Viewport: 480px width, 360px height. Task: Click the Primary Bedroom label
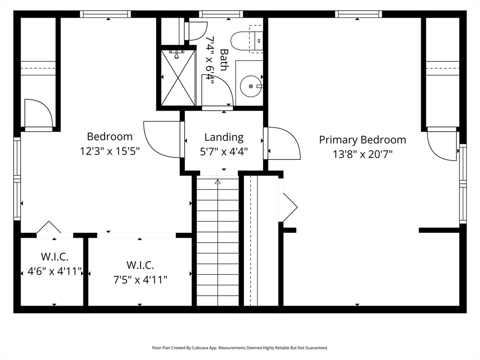click(362, 140)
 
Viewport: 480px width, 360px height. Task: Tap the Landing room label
click(224, 137)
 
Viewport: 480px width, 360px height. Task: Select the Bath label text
click(224, 60)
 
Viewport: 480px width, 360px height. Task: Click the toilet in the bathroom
click(247, 40)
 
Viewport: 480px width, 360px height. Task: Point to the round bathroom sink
click(251, 86)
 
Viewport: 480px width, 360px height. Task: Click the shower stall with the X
click(178, 78)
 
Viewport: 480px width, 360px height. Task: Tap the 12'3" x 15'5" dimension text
click(110, 151)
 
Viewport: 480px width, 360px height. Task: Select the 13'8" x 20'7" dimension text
click(362, 154)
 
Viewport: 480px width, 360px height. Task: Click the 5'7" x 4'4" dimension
click(224, 151)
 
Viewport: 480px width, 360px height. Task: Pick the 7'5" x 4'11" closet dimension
click(140, 280)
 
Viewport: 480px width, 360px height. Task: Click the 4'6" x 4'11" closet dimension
click(54, 271)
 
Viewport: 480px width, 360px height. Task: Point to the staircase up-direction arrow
click(217, 181)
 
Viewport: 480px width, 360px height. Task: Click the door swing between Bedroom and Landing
click(162, 140)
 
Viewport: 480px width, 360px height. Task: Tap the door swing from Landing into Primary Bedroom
click(282, 143)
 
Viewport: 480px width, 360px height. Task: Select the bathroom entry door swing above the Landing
click(217, 90)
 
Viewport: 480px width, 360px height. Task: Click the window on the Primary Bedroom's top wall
click(359, 14)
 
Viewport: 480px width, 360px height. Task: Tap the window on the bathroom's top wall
click(221, 14)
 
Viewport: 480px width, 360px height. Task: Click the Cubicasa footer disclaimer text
click(240, 348)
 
